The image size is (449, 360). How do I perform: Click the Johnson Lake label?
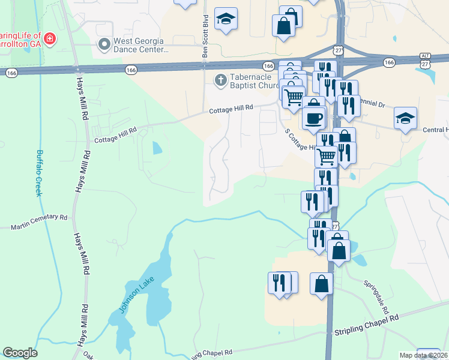point(133,297)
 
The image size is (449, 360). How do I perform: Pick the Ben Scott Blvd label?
point(205,37)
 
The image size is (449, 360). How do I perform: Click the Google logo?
point(20,353)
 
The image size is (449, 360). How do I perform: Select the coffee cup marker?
point(314,117)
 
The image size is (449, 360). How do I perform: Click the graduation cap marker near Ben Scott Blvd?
point(226,20)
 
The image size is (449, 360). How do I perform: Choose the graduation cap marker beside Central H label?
point(406,118)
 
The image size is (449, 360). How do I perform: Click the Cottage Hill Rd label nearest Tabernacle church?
point(231,108)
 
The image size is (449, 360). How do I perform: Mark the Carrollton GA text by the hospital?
point(21,44)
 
